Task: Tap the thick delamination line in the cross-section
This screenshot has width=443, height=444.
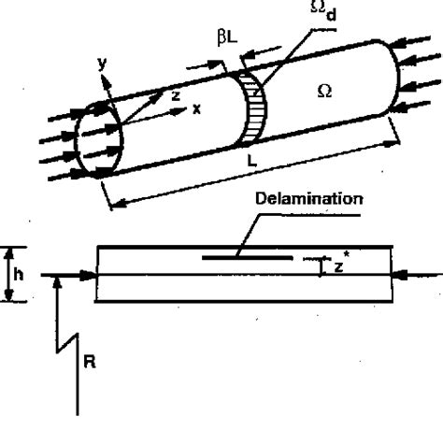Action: pos(247,254)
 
